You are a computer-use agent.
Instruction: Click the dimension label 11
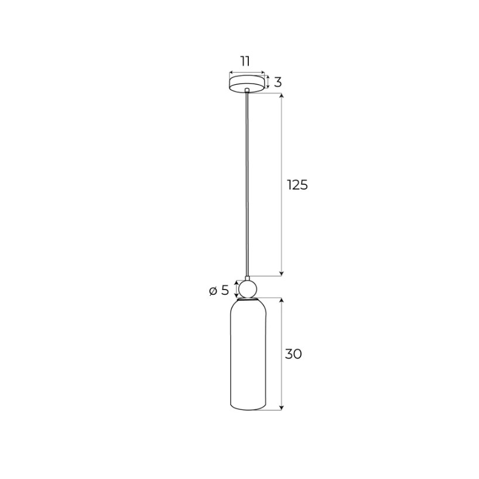tap(245, 61)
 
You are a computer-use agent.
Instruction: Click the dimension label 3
tap(278, 82)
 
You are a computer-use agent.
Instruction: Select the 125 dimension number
tap(297, 185)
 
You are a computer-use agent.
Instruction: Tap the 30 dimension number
tap(293, 354)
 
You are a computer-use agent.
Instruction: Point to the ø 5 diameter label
tap(219, 291)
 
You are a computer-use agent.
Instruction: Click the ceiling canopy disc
tap(247, 83)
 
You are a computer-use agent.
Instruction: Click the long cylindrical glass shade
tap(248, 355)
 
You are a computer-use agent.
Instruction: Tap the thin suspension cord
tap(247, 184)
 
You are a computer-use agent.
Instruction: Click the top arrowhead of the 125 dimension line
tap(282, 95)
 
